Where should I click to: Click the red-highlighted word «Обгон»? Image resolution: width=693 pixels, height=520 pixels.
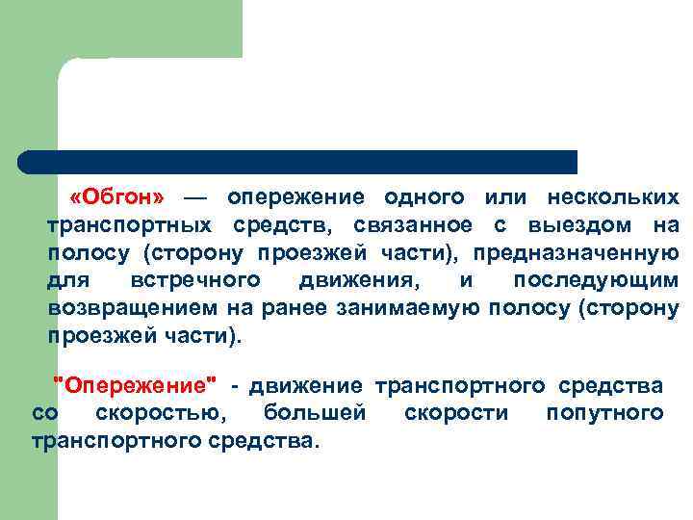point(117,196)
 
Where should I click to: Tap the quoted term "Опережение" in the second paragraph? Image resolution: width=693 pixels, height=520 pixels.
point(134,385)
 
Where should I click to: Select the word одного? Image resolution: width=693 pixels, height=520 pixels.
point(424,196)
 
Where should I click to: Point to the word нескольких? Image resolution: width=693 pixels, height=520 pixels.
point(613,196)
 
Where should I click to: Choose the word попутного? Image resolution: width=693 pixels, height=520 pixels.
point(603,413)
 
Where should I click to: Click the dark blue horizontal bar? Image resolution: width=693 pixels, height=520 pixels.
point(298,162)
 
